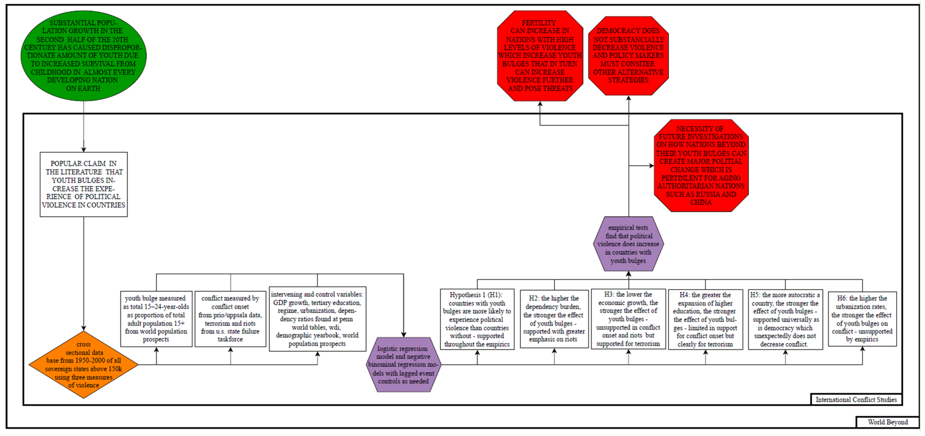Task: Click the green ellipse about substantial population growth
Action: click(83, 55)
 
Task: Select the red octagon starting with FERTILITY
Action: click(540, 55)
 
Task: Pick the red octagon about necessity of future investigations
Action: click(701, 165)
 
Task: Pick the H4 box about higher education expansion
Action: click(705, 319)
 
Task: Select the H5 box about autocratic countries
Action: click(785, 319)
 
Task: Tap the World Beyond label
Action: click(888, 422)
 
